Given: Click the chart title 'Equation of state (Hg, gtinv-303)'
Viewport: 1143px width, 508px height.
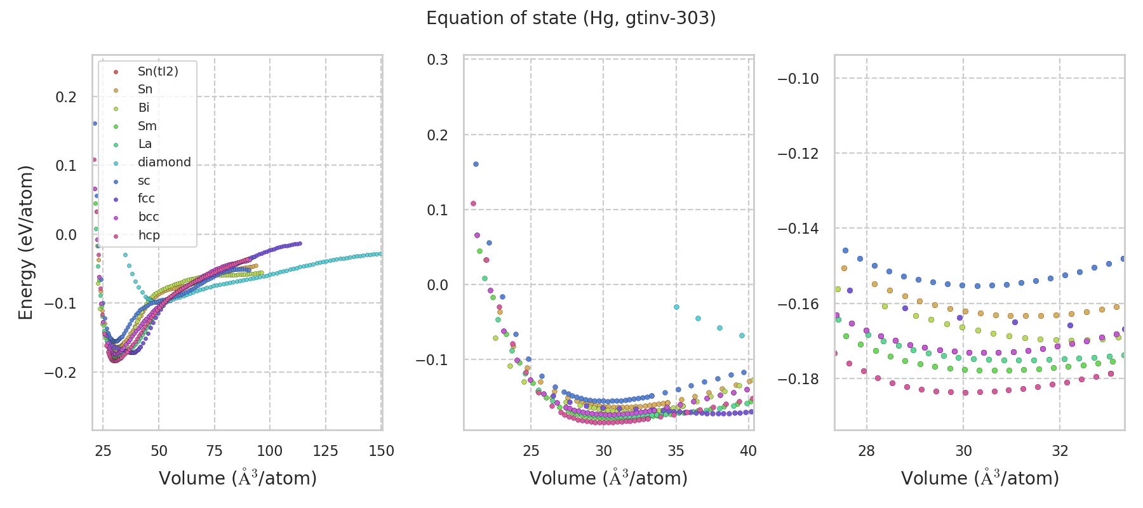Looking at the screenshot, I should [x=571, y=18].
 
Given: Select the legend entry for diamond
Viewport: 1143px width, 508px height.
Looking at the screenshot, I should [x=164, y=163].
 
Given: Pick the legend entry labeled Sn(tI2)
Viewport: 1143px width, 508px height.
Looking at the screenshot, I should [x=157, y=71].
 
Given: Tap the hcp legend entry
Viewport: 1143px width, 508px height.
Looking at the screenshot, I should [x=149, y=236].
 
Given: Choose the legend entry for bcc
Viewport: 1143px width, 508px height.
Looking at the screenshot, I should [x=149, y=217].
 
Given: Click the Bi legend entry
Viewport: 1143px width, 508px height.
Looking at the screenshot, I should [x=144, y=108].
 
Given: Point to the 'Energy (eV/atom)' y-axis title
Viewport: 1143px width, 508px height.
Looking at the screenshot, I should [x=25, y=242].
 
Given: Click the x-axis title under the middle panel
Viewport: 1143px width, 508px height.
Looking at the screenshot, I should [x=608, y=478].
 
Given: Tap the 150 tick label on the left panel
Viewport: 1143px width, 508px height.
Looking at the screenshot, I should [x=381, y=451].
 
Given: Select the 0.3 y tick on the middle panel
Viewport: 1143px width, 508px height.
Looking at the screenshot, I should [x=438, y=60].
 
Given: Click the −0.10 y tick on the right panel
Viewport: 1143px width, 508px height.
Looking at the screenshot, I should [x=798, y=79].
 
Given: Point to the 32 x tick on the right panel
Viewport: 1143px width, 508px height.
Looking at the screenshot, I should [x=1060, y=451].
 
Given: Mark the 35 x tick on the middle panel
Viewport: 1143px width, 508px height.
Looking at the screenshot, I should [x=676, y=451].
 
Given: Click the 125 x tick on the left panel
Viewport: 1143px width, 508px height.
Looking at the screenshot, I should [x=326, y=451].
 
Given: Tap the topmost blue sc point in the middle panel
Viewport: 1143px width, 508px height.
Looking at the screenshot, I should [x=476, y=164].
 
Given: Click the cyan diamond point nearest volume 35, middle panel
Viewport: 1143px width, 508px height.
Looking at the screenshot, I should [x=676, y=307].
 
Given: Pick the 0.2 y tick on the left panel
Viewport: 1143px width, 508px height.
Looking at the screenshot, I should [x=66, y=97].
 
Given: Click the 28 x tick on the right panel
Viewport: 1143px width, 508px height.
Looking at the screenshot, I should [x=866, y=451].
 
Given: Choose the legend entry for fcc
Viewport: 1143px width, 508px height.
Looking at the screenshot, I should [x=146, y=199].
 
